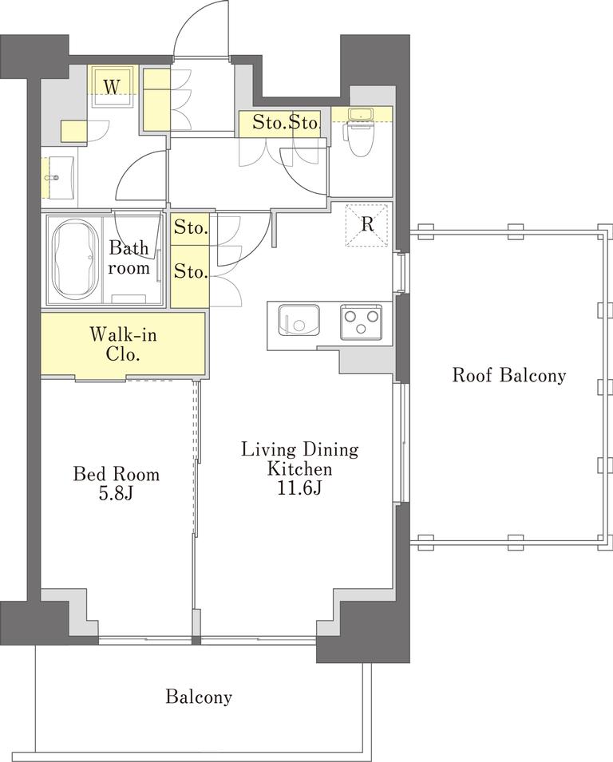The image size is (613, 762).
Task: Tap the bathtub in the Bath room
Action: (74, 260)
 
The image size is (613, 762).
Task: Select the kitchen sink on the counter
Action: (299, 320)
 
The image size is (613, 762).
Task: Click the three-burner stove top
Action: (360, 322)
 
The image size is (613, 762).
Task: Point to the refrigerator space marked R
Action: (367, 224)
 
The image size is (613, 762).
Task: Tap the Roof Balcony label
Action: (509, 375)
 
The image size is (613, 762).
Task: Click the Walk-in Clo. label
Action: (122, 344)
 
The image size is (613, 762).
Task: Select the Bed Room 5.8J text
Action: (117, 484)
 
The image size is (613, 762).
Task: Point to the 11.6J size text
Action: (299, 488)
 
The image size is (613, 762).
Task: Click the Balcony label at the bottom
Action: (198, 697)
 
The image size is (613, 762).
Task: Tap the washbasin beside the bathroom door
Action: (59, 177)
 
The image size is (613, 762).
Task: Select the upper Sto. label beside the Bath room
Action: (191, 227)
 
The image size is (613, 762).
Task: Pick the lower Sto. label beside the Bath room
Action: (191, 271)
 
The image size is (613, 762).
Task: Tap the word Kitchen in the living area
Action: (300, 469)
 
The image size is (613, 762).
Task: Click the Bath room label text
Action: (129, 258)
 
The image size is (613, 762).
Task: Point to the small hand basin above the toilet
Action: (360, 114)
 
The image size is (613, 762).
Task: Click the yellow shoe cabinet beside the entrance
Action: (156, 100)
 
